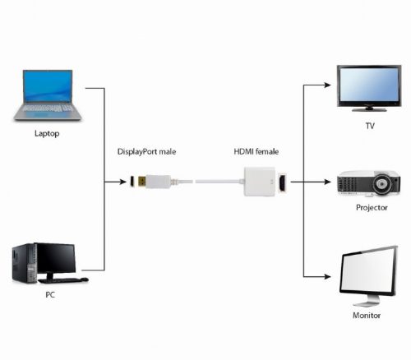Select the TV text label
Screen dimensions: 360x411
click(369, 126)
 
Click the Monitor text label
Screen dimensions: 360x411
click(367, 315)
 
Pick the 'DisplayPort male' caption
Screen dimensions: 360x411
click(147, 152)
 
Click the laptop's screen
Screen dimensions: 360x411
click(48, 87)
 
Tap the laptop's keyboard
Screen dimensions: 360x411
click(48, 108)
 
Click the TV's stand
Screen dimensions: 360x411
click(370, 107)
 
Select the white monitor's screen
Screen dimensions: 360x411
click(367, 275)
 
